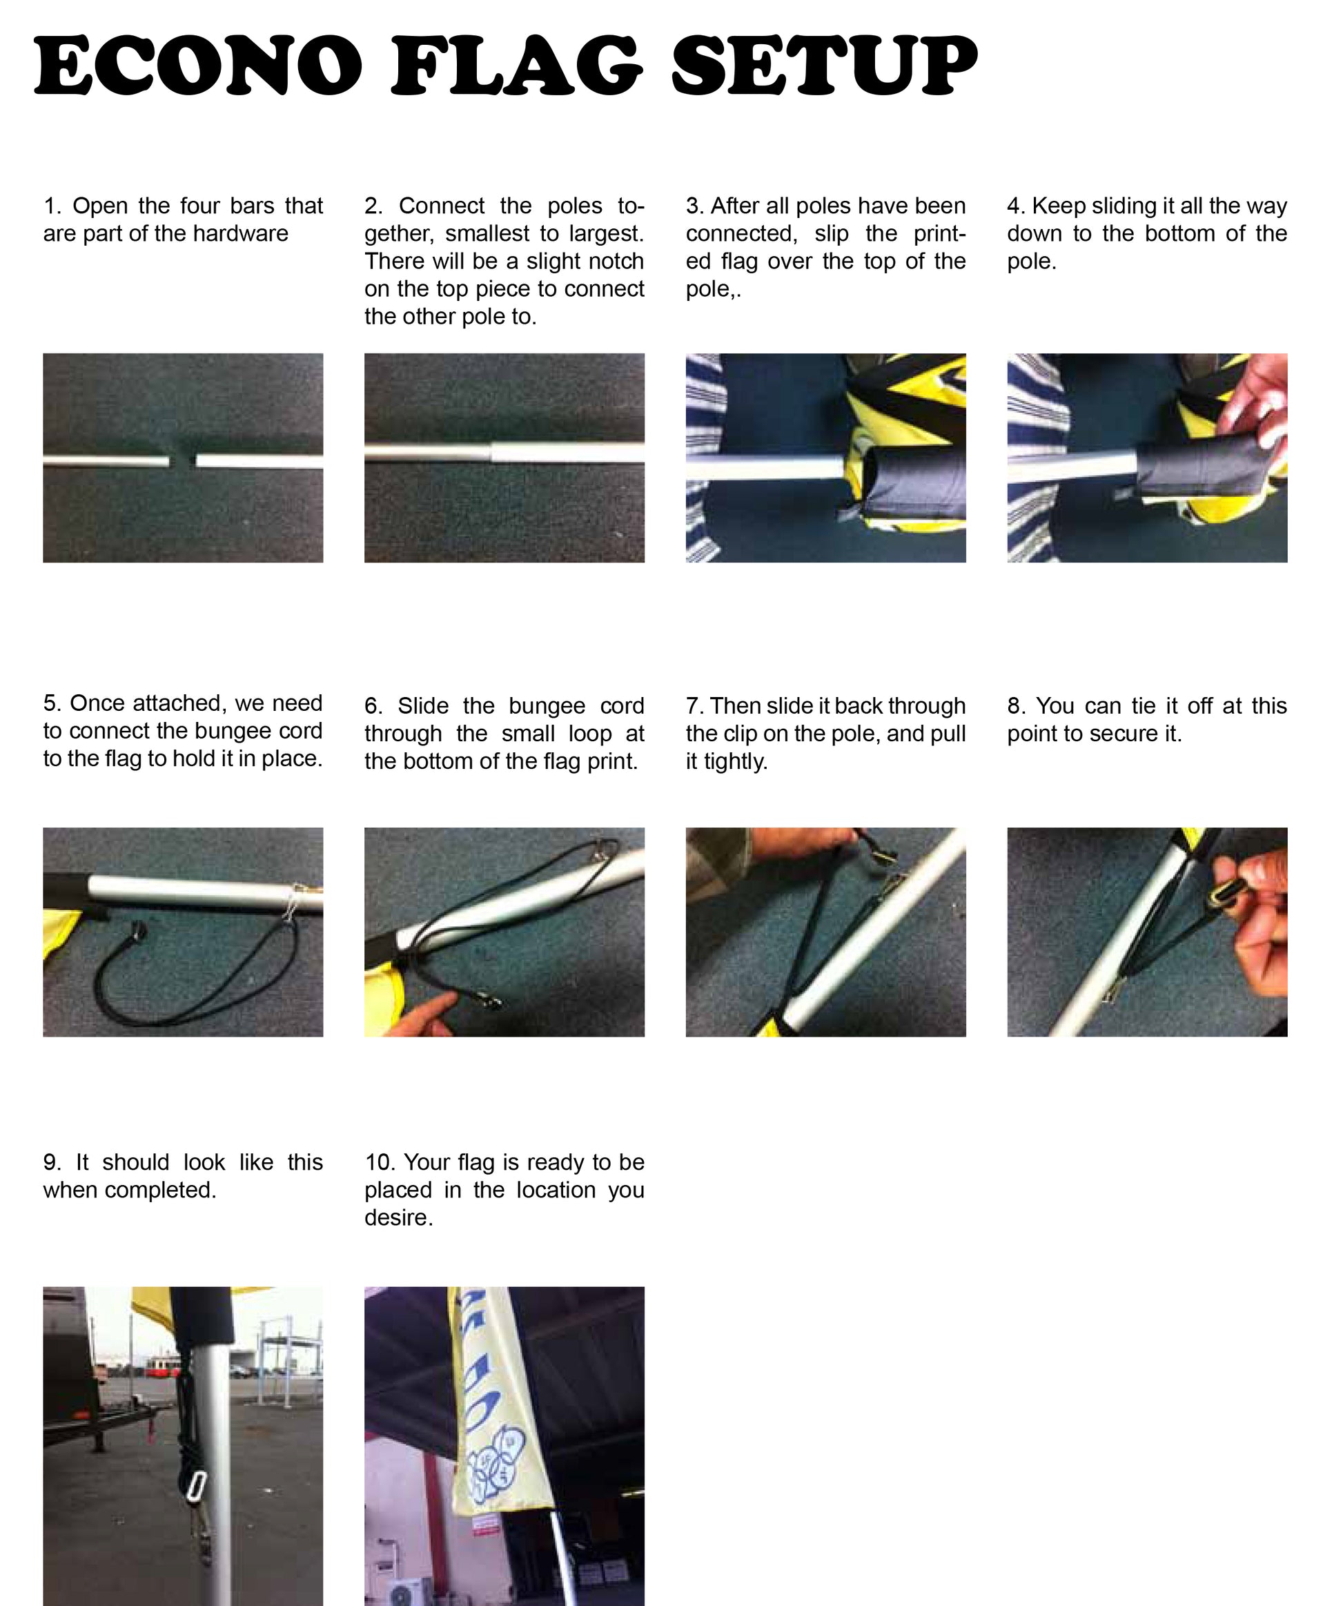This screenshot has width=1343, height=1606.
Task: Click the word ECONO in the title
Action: tap(198, 66)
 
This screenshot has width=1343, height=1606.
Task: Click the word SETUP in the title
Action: tap(825, 66)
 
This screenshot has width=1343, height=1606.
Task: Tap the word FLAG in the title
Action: tap(517, 66)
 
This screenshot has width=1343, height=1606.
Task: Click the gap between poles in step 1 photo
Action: tap(182, 461)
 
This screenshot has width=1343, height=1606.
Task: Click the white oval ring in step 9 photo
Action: tap(196, 1486)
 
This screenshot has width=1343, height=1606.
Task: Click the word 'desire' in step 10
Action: tap(398, 1217)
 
